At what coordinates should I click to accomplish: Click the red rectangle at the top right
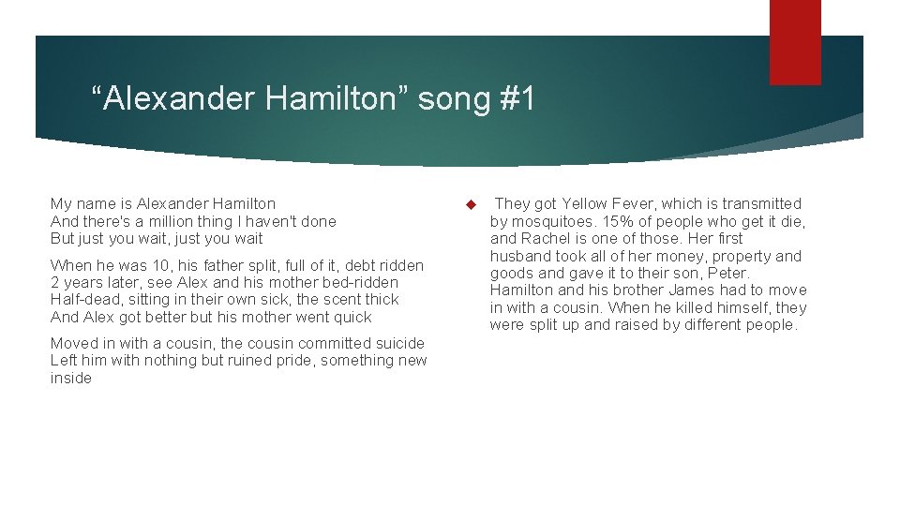[x=795, y=41]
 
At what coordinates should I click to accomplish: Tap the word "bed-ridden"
[x=361, y=282]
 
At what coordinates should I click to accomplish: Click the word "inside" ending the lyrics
[x=71, y=378]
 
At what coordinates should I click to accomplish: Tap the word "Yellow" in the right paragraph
[x=586, y=203]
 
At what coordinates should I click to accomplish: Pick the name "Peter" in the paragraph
[x=729, y=273]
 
